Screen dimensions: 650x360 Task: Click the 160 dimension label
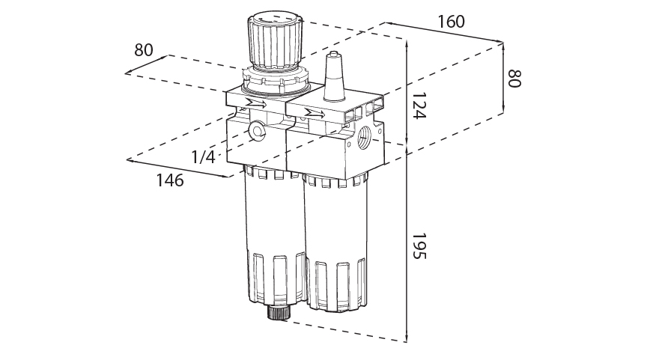click(452, 22)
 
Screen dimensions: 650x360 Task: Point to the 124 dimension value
click(419, 106)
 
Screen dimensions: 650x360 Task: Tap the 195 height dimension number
click(419, 245)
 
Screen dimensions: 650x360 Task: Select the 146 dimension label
click(169, 180)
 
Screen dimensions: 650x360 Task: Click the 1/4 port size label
click(203, 157)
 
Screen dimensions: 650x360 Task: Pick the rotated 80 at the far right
click(514, 79)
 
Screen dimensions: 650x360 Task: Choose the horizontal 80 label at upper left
click(144, 50)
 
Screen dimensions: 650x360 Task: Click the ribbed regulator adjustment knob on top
click(276, 41)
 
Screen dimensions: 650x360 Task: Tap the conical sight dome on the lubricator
click(334, 79)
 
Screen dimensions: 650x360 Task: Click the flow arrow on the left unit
click(255, 103)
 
